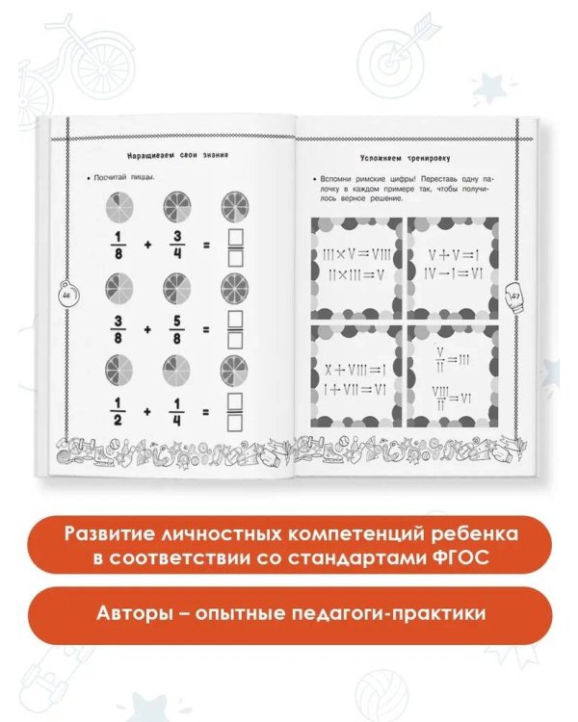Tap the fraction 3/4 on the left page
pyautogui.click(x=177, y=245)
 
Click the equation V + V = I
pyautogui.click(x=453, y=256)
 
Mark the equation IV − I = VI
pyautogui.click(x=453, y=274)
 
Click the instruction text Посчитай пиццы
pyautogui.click(x=126, y=178)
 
